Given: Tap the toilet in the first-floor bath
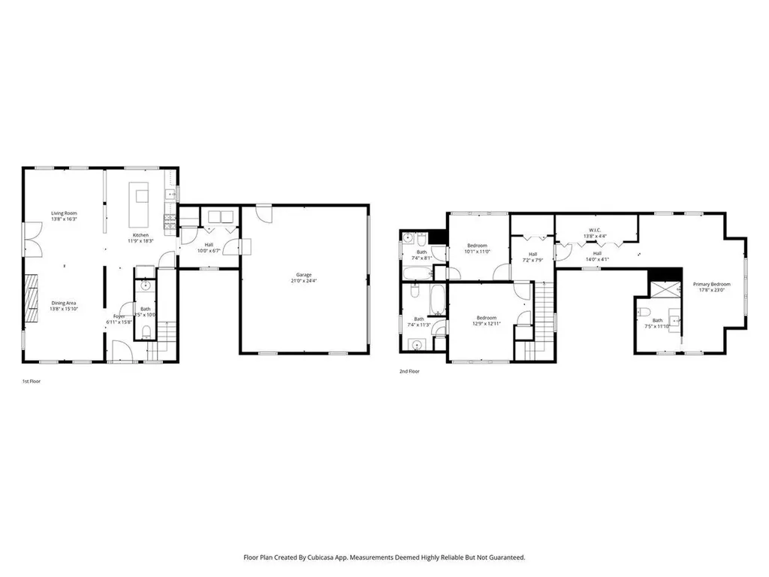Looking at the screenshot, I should (x=146, y=331).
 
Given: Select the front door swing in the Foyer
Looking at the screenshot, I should (x=119, y=351).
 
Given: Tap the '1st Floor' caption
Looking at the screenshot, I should (x=31, y=382).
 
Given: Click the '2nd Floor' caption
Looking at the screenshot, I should (x=409, y=371).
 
